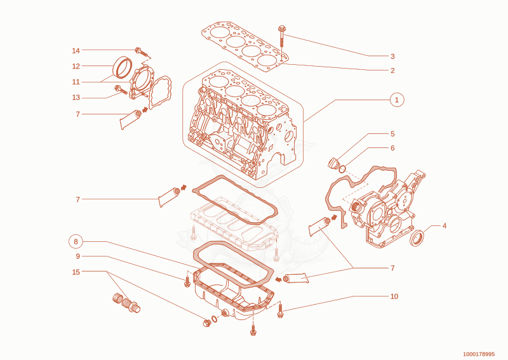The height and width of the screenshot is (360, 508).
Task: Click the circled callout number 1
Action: [x=397, y=100]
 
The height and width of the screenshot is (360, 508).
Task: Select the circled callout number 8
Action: [x=76, y=242]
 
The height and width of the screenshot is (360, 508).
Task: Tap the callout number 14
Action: [x=76, y=51]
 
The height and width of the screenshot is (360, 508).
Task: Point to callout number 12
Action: [x=76, y=66]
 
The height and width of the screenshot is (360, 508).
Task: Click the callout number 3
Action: [x=392, y=57]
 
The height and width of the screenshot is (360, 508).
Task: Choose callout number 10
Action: [x=394, y=297]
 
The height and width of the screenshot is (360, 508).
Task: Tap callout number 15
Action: [x=76, y=272]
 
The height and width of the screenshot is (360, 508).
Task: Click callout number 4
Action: [x=444, y=226]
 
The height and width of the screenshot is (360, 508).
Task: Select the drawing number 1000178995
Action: [x=479, y=354]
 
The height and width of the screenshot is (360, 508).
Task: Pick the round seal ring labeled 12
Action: [x=123, y=67]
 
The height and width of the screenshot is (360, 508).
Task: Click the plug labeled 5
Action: [x=333, y=163]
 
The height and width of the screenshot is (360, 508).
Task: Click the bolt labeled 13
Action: [x=121, y=90]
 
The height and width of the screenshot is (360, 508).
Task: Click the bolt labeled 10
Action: [x=280, y=310]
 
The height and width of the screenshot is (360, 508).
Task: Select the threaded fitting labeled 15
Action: [x=126, y=303]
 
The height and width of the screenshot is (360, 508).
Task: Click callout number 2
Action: [x=392, y=70]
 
